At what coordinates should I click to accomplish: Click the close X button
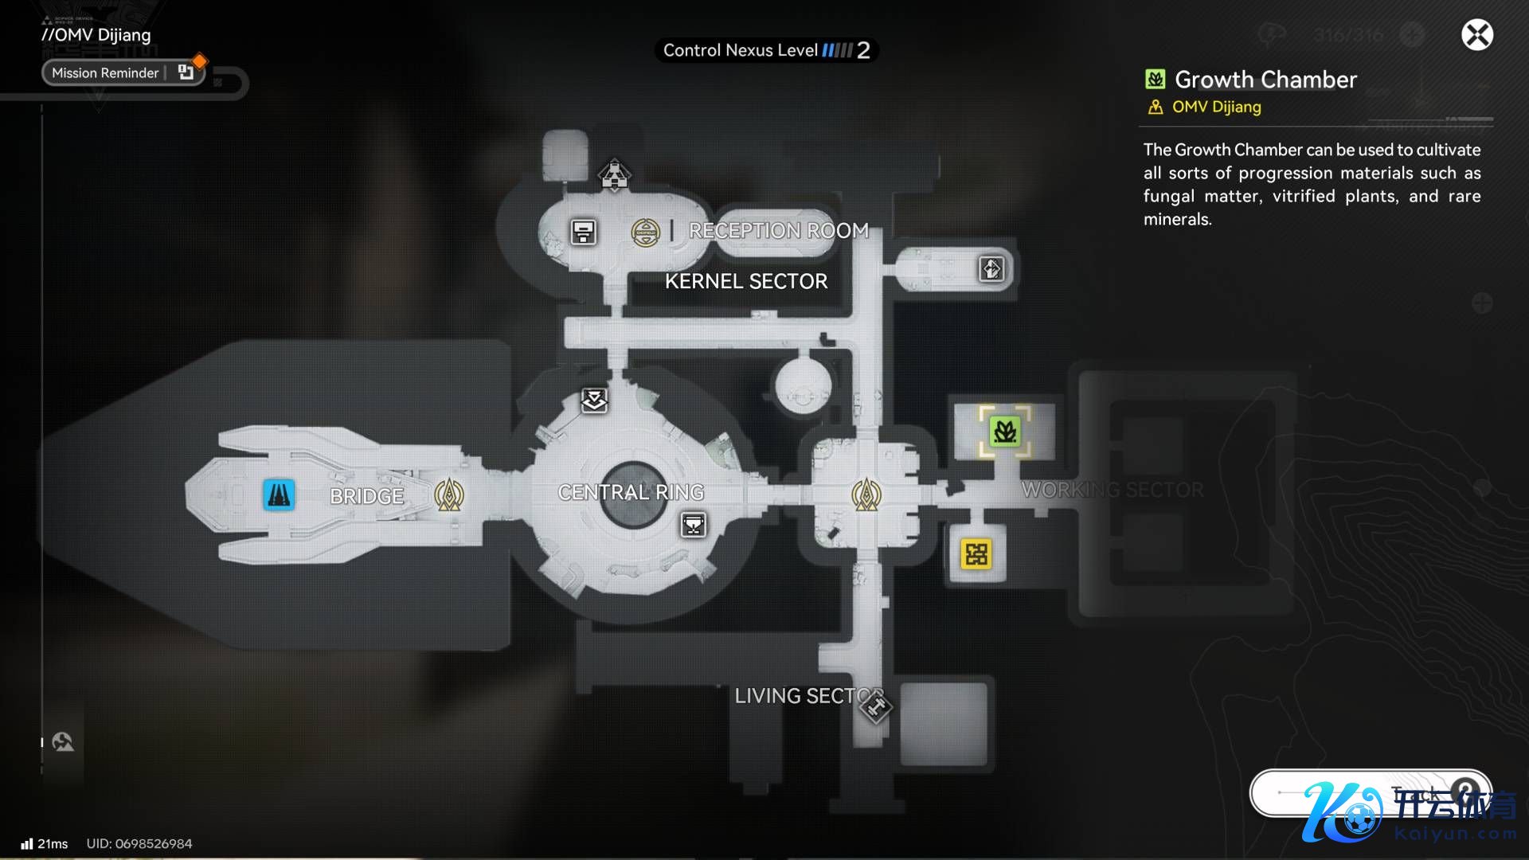tap(1476, 35)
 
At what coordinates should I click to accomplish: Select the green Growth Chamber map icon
tap(1004, 432)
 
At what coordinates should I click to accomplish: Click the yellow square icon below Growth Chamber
tap(976, 553)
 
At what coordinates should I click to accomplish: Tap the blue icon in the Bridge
tap(279, 494)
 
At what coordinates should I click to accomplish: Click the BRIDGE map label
tap(366, 496)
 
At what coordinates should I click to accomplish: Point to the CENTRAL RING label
tap(631, 492)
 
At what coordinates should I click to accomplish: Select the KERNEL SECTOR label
tap(746, 281)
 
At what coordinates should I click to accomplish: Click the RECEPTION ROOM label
tap(778, 230)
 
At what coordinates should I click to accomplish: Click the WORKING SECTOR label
tap(1113, 490)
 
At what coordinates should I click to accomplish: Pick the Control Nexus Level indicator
tap(766, 50)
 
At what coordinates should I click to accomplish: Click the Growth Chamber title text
tap(1265, 80)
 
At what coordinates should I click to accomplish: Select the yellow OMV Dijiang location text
tap(1216, 107)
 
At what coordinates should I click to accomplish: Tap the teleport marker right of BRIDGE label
tap(449, 494)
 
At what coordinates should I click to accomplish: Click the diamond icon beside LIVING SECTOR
tap(876, 706)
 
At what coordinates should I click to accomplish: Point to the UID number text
tap(139, 843)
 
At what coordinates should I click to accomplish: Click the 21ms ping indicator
tap(45, 843)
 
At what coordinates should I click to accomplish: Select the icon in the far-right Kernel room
tap(991, 269)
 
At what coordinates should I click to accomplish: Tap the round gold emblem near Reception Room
tap(645, 233)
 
